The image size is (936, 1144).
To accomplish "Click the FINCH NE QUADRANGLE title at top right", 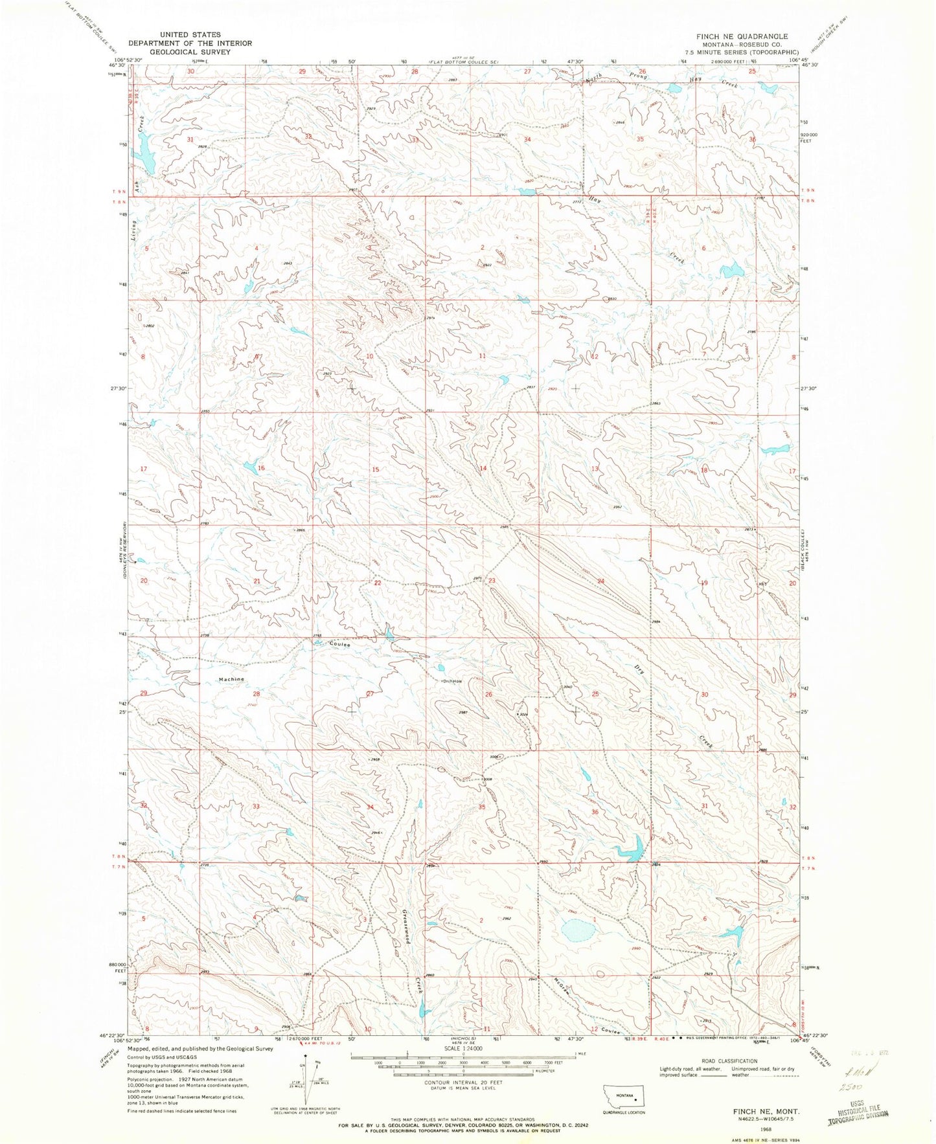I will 741,36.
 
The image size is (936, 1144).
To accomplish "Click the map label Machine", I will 231,679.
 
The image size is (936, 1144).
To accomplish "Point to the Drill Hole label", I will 452,681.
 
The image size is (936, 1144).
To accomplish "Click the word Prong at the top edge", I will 626,76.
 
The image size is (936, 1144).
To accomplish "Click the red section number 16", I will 261,468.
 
